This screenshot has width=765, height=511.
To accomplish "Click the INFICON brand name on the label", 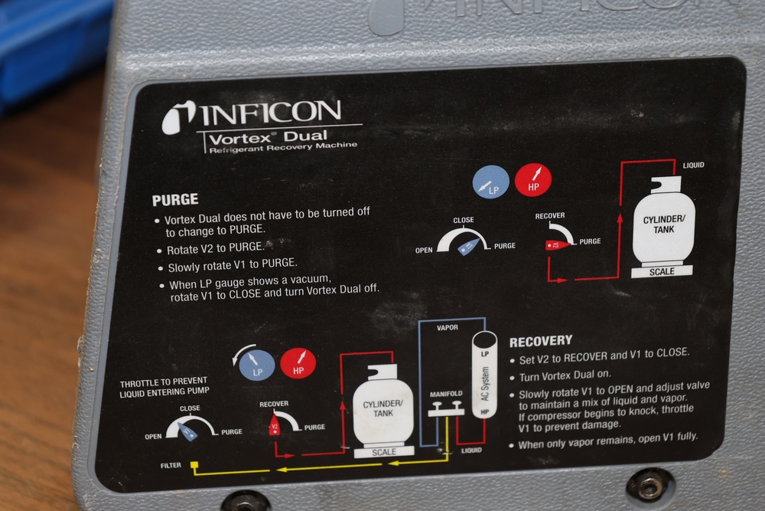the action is tap(271, 113).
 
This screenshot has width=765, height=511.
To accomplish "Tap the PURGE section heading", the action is tap(175, 200).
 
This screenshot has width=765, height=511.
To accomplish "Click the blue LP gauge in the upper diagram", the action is tap(491, 182).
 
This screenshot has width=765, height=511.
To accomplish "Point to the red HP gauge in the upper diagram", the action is tap(533, 180).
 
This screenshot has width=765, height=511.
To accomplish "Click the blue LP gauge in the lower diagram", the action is tap(256, 365).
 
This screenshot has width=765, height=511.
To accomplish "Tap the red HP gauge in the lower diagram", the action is tap(298, 363).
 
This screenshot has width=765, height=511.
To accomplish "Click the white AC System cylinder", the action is tap(484, 375).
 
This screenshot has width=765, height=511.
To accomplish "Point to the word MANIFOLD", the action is tap(446, 394).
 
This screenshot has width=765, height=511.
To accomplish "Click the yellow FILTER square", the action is tap(194, 465).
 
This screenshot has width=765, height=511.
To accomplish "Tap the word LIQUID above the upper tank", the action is tap(693, 165).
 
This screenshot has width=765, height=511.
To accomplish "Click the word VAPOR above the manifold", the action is tap(447, 327).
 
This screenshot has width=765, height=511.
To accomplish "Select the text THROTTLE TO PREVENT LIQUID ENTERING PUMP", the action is tap(164, 386).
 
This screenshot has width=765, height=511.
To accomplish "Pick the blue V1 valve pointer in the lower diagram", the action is tap(187, 431).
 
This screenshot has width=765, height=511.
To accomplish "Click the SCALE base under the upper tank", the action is tap(662, 272).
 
